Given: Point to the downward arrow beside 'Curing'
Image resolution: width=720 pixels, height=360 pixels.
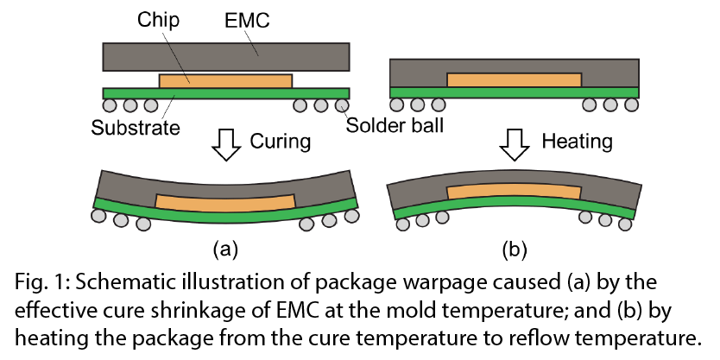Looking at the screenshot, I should [x=226, y=144].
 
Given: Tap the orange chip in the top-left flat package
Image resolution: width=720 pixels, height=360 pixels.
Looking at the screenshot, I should [x=226, y=80].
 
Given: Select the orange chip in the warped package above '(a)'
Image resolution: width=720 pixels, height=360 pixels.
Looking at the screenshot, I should [x=226, y=202].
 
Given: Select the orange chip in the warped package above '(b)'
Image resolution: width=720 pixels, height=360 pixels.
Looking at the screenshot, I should [x=515, y=192].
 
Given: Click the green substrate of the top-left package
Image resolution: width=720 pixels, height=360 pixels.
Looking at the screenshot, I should [x=226, y=93].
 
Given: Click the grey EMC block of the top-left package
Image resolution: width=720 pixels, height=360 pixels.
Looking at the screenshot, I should [x=226, y=55].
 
